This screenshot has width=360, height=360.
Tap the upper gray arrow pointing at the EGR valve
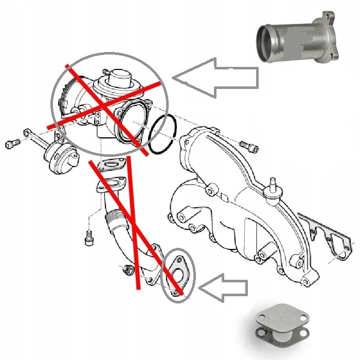point(216,78)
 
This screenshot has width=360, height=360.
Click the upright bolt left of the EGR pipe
point(88,238)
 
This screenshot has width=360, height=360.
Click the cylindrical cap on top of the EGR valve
point(121,77)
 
